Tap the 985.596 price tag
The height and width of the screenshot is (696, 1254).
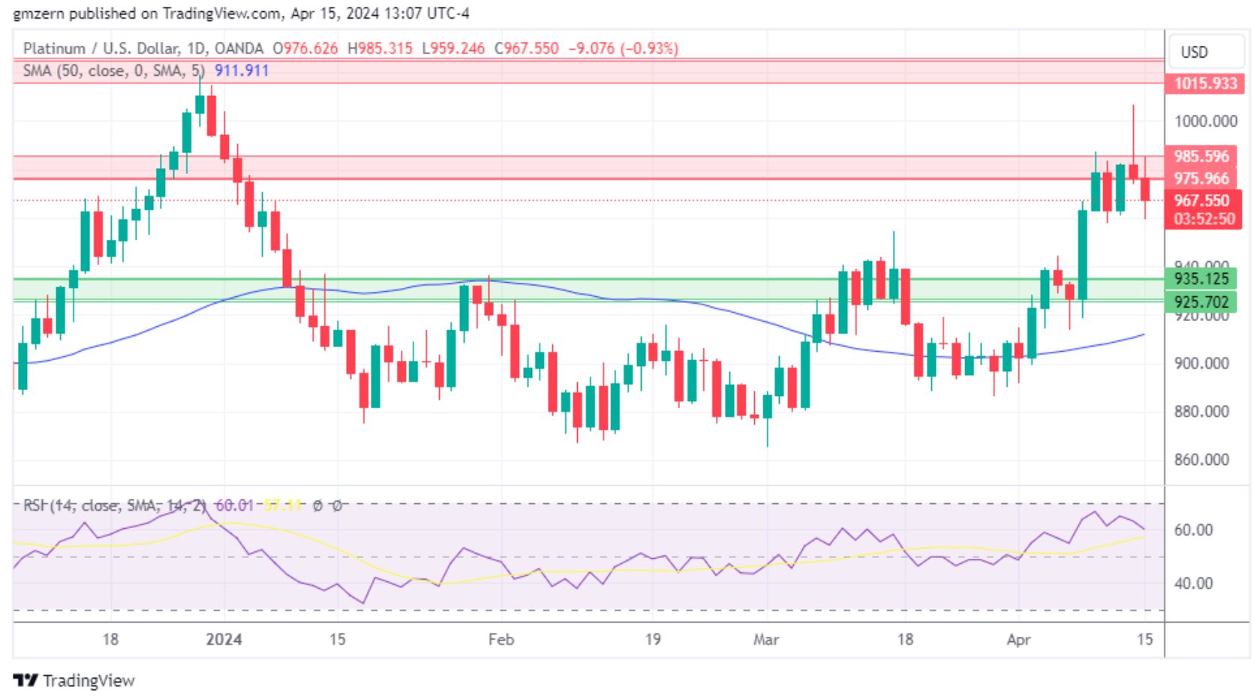pyautogui.click(x=1201, y=156)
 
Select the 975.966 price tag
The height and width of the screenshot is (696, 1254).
pyautogui.click(x=1201, y=178)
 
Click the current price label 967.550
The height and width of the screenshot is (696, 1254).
pyautogui.click(x=1201, y=200)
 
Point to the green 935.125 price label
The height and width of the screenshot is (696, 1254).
pyautogui.click(x=1201, y=279)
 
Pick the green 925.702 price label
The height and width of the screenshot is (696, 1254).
pyautogui.click(x=1201, y=302)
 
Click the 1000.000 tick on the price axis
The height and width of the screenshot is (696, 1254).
pyautogui.click(x=1205, y=121)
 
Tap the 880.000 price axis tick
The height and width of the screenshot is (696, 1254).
pyautogui.click(x=1201, y=412)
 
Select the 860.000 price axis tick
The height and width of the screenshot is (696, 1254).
pyautogui.click(x=1201, y=460)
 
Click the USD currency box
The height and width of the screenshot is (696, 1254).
pyautogui.click(x=1194, y=52)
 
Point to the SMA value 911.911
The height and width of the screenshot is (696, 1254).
pyautogui.click(x=242, y=70)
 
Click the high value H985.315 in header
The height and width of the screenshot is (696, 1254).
pyautogui.click(x=380, y=49)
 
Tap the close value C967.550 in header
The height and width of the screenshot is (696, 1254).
pyautogui.click(x=526, y=49)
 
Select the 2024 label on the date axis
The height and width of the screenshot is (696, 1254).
pyautogui.click(x=224, y=639)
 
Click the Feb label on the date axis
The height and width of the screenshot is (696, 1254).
pyautogui.click(x=501, y=639)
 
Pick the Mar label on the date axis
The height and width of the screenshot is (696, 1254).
pyautogui.click(x=766, y=639)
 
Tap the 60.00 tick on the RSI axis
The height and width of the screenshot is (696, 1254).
pyautogui.click(x=1193, y=530)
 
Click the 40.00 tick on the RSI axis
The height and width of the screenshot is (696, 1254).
pyautogui.click(x=1193, y=583)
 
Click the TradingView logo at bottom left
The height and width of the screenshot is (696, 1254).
pyautogui.click(x=74, y=680)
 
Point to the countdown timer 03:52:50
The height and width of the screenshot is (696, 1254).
pyautogui.click(x=1204, y=219)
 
